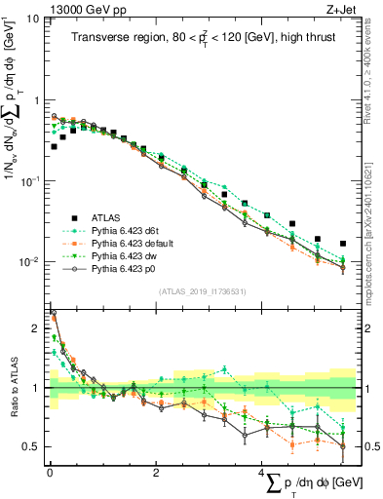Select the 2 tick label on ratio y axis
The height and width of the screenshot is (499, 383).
coord(36,330)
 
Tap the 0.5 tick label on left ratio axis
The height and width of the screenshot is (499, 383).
coord(32,446)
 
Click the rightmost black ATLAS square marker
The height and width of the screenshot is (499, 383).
coord(343,244)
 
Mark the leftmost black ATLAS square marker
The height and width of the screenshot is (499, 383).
coord(54,146)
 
